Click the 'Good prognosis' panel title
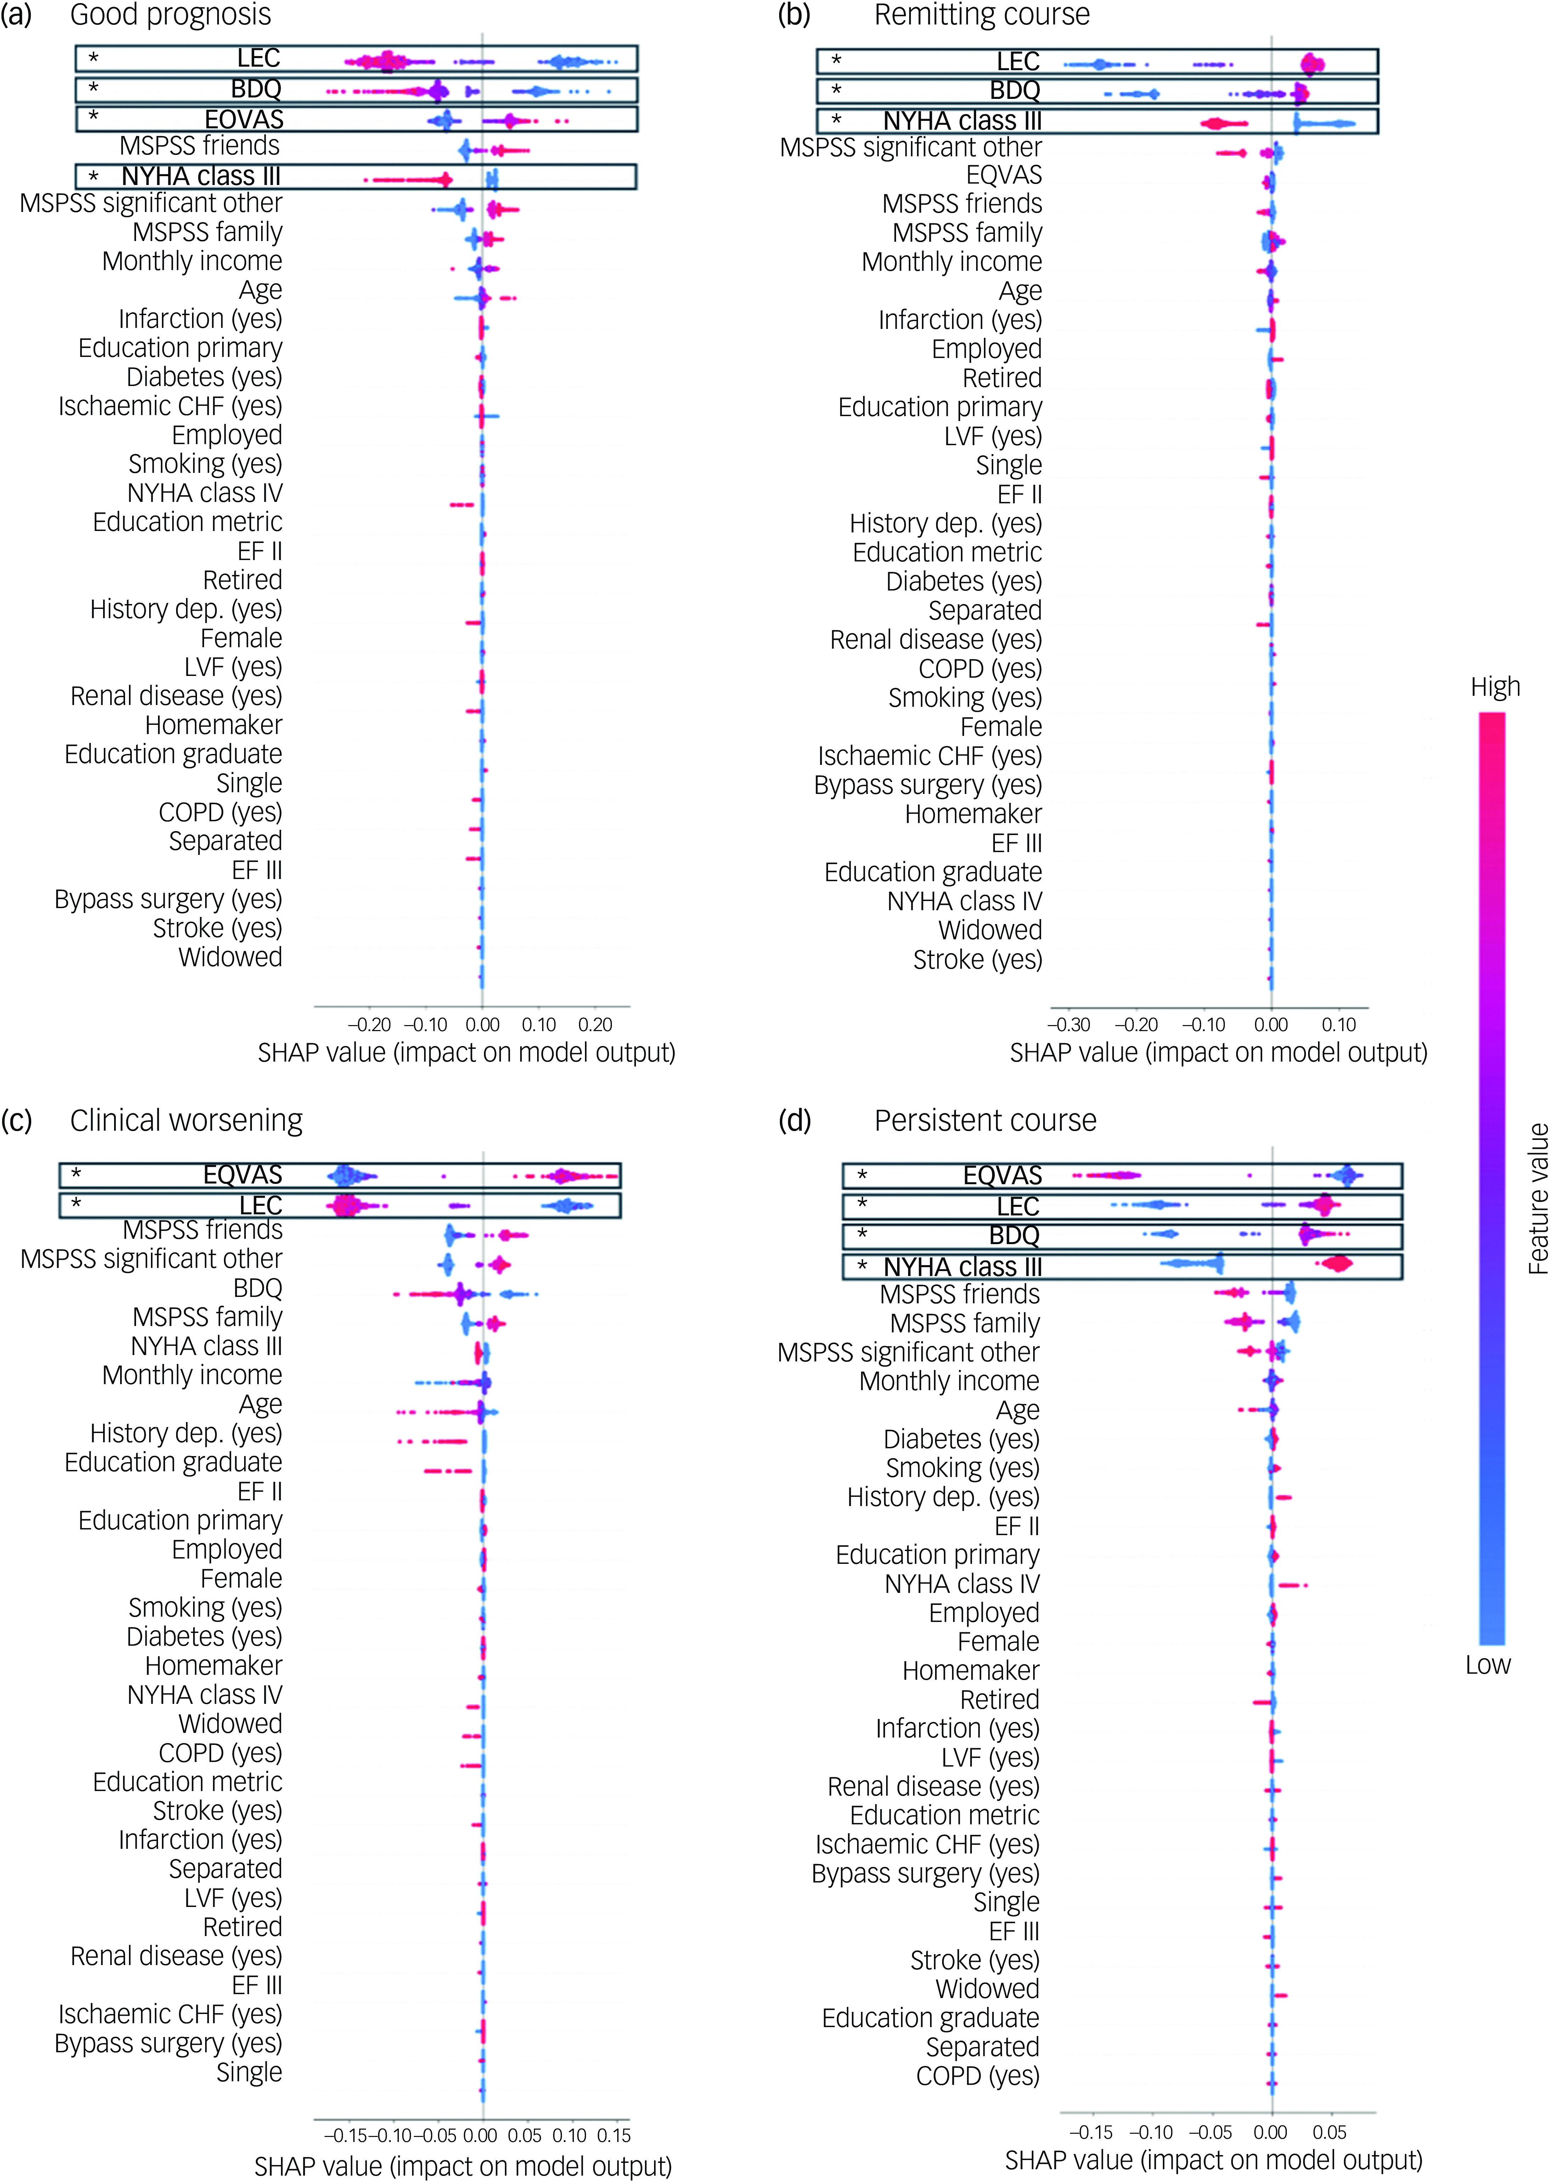(x=170, y=15)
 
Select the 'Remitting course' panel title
(x=982, y=15)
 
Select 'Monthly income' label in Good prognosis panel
(x=192, y=261)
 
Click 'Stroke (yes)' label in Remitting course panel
(x=977, y=960)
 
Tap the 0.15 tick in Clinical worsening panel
(x=613, y=2135)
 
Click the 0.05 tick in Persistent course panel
(x=1329, y=2132)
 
